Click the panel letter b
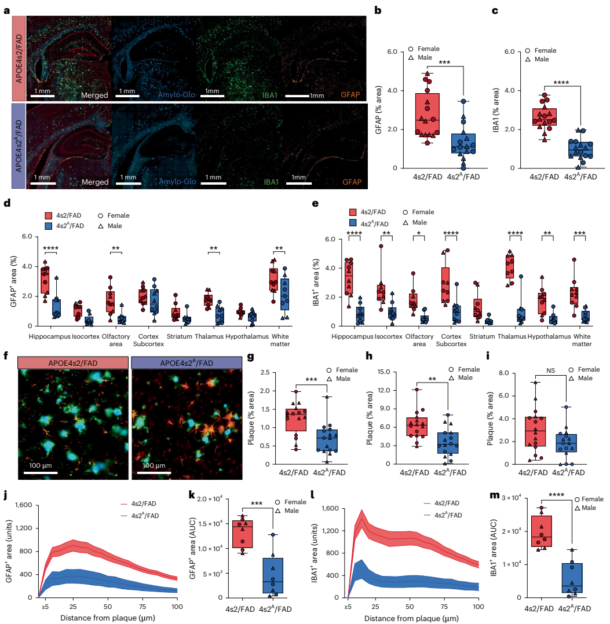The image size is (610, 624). pyautogui.click(x=377, y=10)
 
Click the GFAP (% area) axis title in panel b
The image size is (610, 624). pyautogui.click(x=378, y=109)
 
